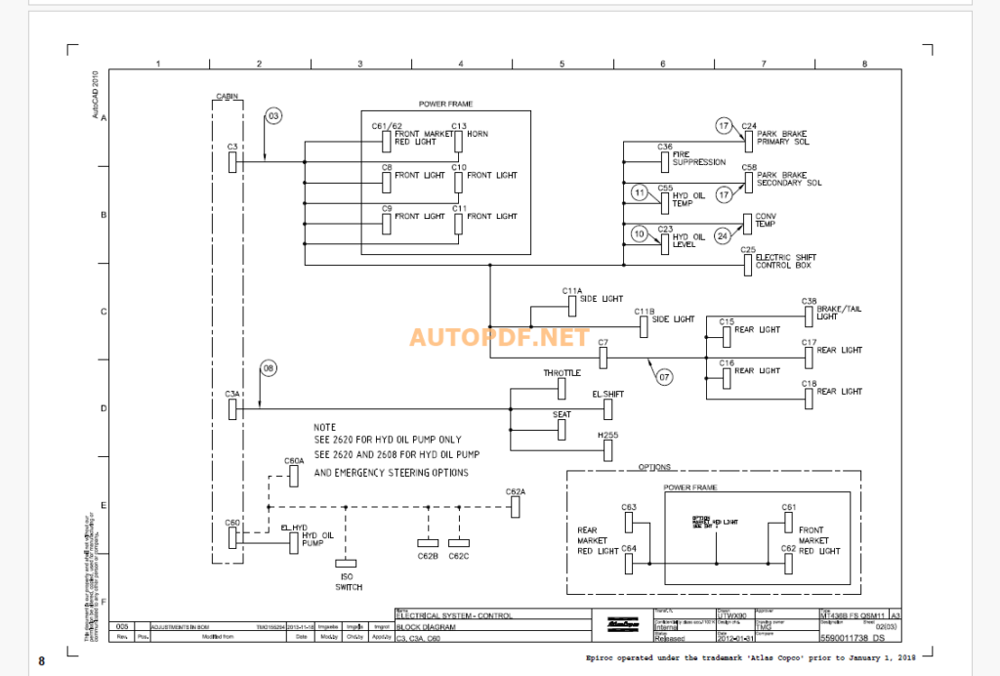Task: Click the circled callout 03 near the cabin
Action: click(272, 116)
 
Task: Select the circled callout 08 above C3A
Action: click(269, 367)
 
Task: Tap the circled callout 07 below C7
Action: click(664, 376)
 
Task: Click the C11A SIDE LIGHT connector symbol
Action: click(572, 307)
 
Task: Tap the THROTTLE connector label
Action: click(562, 373)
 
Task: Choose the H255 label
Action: click(608, 434)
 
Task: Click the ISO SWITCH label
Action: click(349, 581)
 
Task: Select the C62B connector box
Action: click(428, 542)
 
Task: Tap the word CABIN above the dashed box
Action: click(228, 96)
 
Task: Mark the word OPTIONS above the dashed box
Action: click(654, 466)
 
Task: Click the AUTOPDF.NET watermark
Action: click(499, 337)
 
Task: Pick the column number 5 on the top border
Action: click(562, 63)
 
